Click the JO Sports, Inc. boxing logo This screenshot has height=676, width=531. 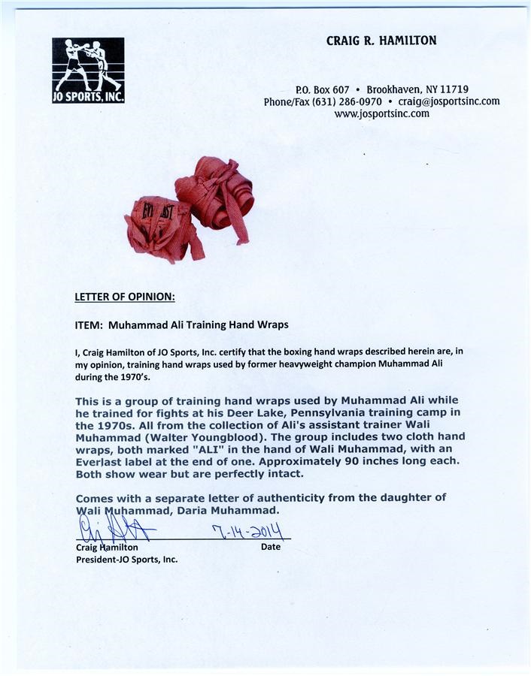pyautogui.click(x=87, y=70)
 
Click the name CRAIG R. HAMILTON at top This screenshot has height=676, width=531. pyautogui.click(x=381, y=41)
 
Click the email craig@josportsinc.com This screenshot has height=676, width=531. pyautogui.click(x=449, y=102)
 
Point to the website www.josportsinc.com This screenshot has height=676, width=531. pyautogui.click(x=381, y=114)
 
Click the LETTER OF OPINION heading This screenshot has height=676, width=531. pyautogui.click(x=125, y=297)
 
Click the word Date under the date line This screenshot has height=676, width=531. pyautogui.click(x=271, y=547)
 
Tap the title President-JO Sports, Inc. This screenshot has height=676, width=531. pyautogui.click(x=126, y=560)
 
